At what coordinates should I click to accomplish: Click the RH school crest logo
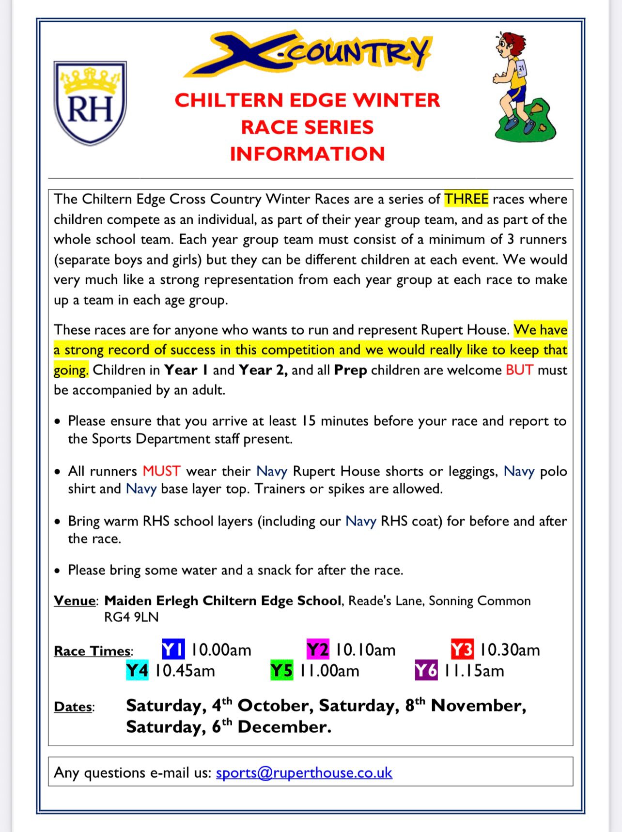pos(90,103)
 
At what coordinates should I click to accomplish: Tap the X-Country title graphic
pos(307,53)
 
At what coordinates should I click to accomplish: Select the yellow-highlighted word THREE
pos(466,199)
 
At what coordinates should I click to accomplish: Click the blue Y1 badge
pos(173,649)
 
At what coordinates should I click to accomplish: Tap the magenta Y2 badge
pos(318,649)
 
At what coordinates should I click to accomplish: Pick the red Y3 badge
pos(462,649)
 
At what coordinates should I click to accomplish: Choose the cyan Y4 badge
pos(137,671)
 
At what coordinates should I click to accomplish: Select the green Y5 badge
pos(281,671)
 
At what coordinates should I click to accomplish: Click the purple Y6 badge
pos(426,671)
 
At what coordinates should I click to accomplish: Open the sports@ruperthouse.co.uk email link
pos(304,772)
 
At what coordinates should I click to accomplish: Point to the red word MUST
pos(161,471)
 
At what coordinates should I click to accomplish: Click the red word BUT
pos(519,370)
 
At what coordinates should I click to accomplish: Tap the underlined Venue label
pos(75,601)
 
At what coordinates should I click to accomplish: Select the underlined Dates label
pos(73,707)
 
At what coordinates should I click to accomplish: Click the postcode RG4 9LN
pos(131,617)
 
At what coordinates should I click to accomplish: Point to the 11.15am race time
pos(474,671)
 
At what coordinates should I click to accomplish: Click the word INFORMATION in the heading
pos(307,154)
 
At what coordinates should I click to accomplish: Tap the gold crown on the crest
pos(90,80)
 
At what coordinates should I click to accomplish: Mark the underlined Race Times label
pos(93,651)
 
